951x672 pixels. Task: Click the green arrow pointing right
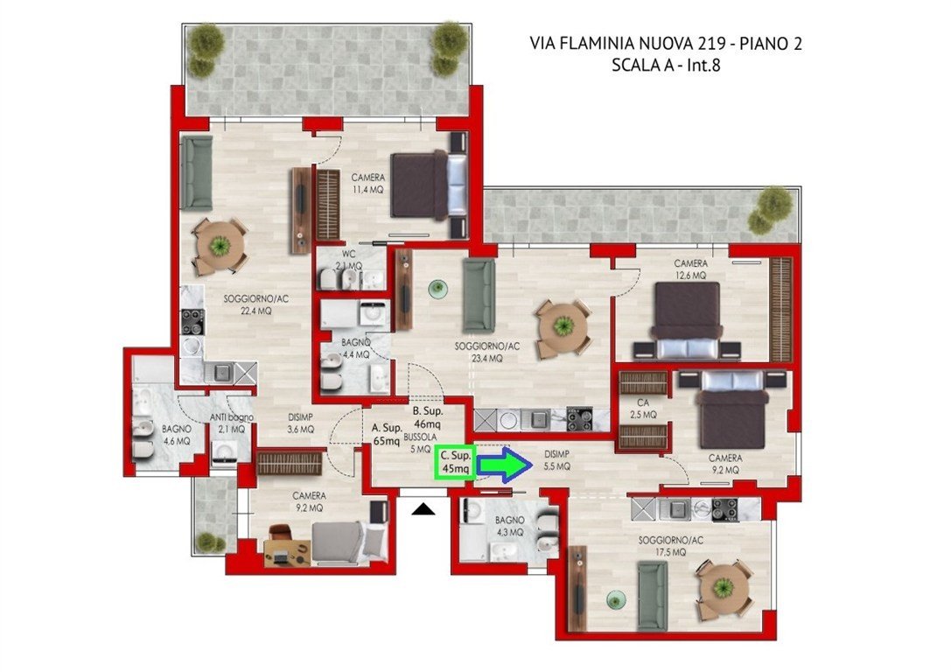coord(505,465)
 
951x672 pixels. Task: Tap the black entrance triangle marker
coord(423,509)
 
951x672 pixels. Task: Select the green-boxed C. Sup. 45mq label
coord(455,462)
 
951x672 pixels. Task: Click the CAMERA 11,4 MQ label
coord(368,183)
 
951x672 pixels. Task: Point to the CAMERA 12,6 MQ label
coord(691,269)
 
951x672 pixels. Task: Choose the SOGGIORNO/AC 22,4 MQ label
coord(256,304)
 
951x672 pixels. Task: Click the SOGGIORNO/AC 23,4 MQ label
coord(487,353)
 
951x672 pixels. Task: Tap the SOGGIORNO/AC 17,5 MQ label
coord(671,546)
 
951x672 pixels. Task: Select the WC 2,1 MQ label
coord(349,260)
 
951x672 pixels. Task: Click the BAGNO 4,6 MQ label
coord(177,435)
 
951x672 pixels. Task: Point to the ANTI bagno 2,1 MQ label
coord(231,423)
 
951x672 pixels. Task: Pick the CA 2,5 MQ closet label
coord(643,409)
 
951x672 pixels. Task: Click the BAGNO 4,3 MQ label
coord(509,526)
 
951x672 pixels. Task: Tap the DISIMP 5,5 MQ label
coord(556,460)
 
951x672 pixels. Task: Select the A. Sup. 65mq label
coord(387,435)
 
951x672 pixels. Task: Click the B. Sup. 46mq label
coord(428,417)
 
